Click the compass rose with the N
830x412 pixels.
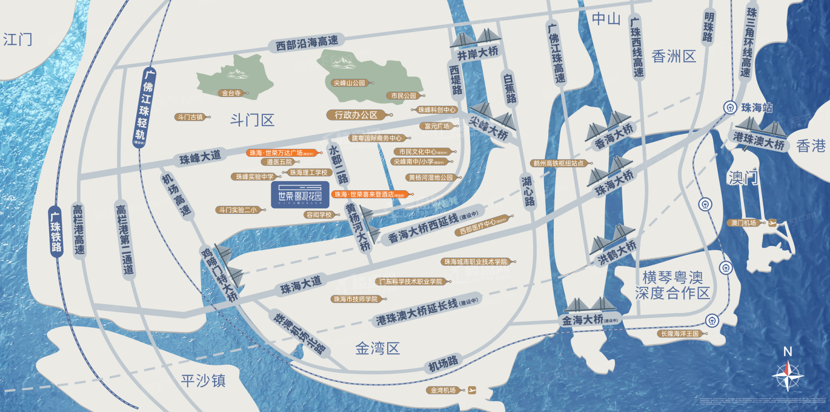click(x=788, y=374)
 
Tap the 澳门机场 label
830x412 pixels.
click(x=743, y=223)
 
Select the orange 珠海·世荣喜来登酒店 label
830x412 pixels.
click(x=372, y=194)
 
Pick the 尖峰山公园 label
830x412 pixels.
click(x=350, y=83)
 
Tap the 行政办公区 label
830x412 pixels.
click(x=356, y=115)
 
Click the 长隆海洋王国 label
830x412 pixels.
click(x=679, y=334)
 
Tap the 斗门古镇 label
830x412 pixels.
click(x=189, y=117)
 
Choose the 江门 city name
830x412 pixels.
click(x=18, y=40)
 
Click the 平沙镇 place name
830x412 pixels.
click(x=203, y=380)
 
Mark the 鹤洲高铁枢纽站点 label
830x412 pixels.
click(x=557, y=163)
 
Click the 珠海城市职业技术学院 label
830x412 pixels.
click(x=475, y=262)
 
